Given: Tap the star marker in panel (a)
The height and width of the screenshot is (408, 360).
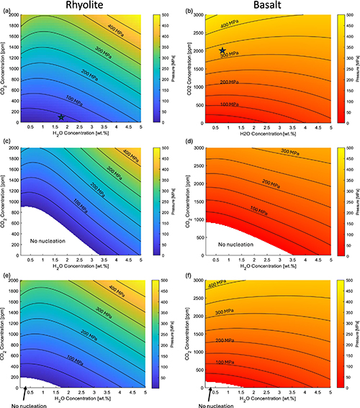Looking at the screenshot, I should [x=61, y=117].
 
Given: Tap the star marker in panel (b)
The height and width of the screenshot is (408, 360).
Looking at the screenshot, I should [x=222, y=51].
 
